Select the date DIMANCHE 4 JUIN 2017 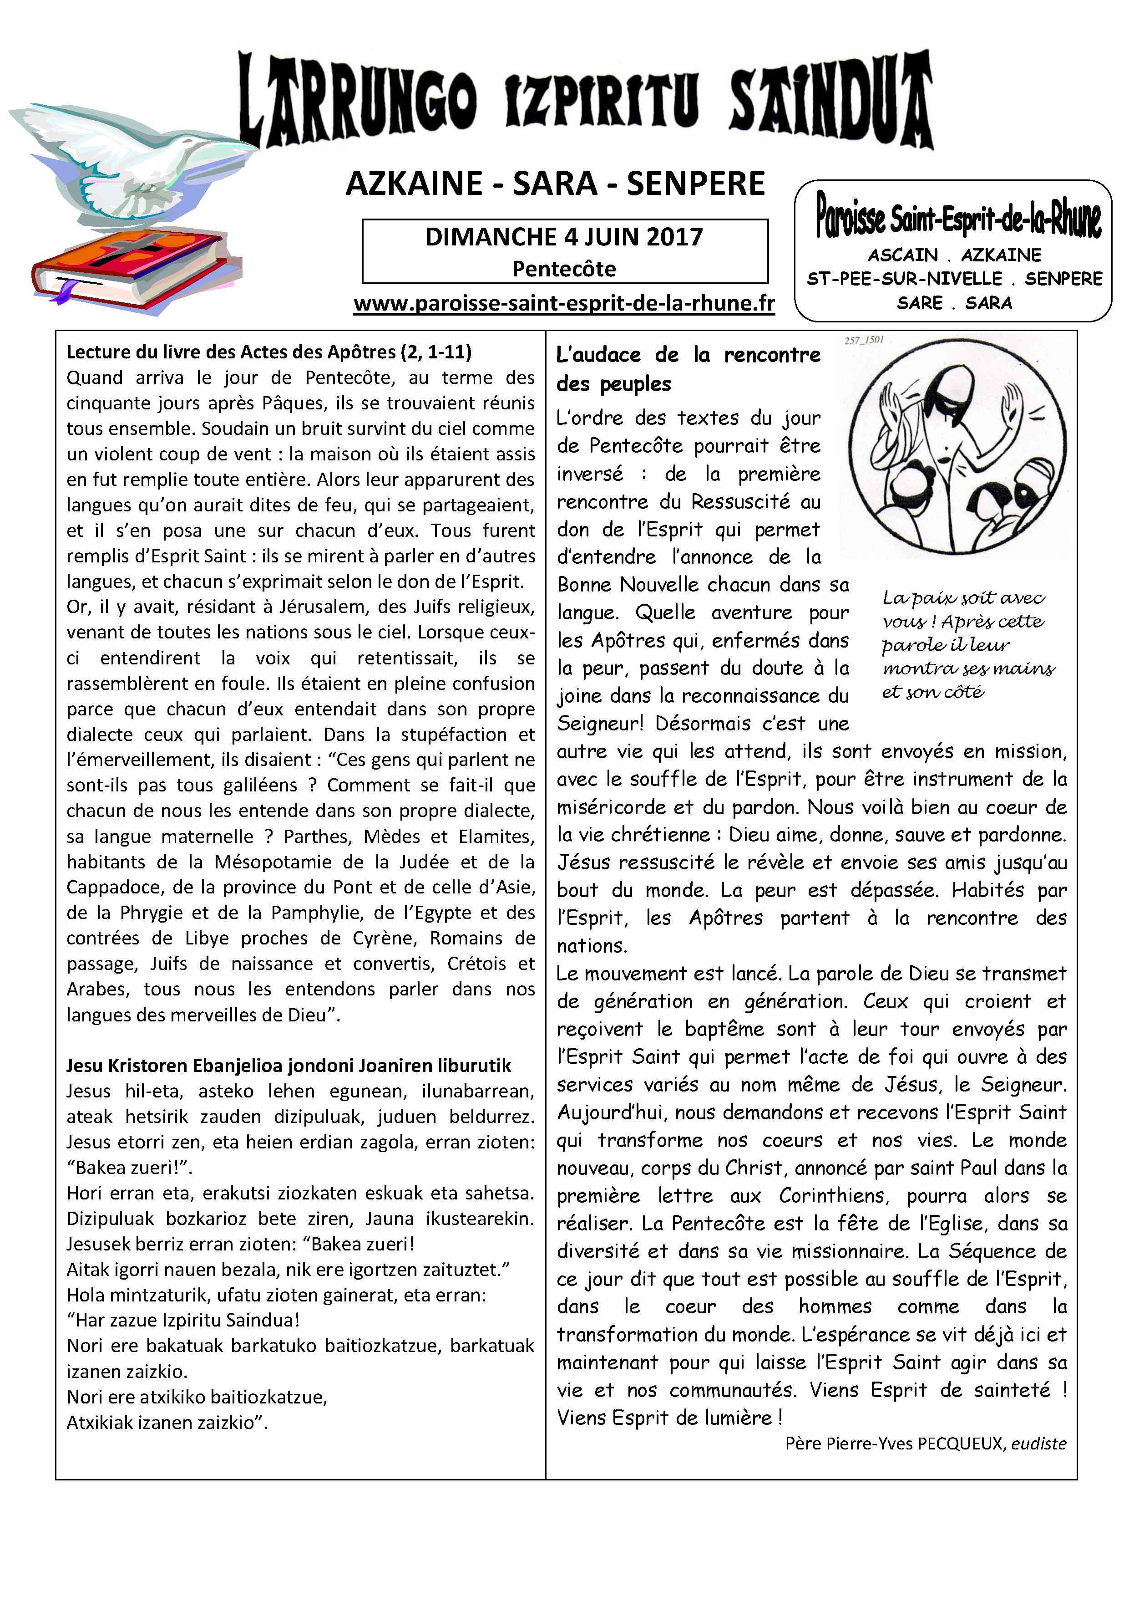[564, 237]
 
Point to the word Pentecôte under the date [564, 269]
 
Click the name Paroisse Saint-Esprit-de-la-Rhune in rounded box [958, 219]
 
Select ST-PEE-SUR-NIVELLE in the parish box [904, 279]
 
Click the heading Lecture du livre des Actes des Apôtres [268, 352]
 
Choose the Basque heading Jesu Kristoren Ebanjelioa [289, 1066]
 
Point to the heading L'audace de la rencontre [688, 369]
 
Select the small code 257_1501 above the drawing [864, 341]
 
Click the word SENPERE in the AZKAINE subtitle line [695, 184]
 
